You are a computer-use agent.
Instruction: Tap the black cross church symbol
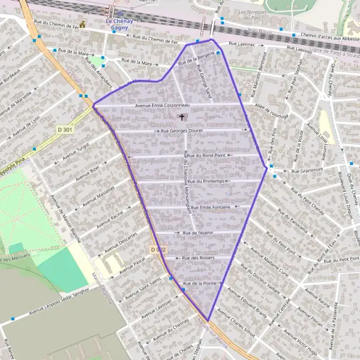(x=182, y=118)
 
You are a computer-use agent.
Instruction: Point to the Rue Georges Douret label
(x=183, y=130)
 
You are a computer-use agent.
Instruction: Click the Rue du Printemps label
(x=205, y=181)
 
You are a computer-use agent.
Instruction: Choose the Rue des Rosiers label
(x=199, y=257)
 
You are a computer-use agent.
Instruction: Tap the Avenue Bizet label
(x=87, y=173)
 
